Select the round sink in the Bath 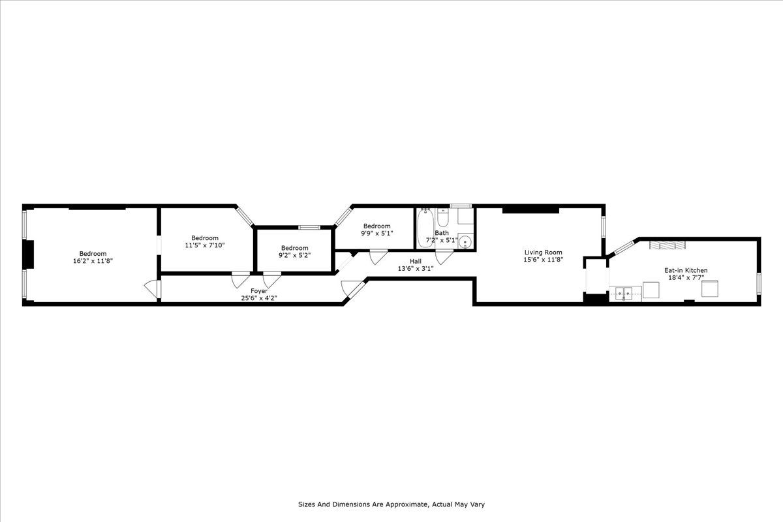tap(465, 241)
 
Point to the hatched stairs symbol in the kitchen tap(667, 245)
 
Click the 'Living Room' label tap(544, 253)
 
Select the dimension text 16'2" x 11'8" tap(93, 261)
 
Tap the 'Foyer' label tap(259, 291)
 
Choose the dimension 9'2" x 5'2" tap(295, 255)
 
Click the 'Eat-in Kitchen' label tap(686, 270)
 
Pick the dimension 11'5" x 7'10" tap(205, 245)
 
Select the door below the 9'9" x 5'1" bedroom tap(378, 256)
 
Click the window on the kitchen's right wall tap(759, 283)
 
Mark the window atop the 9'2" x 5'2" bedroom tap(309, 227)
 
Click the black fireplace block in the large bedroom tap(29, 254)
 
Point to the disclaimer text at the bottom tap(391, 504)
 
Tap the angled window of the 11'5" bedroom tap(245, 217)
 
